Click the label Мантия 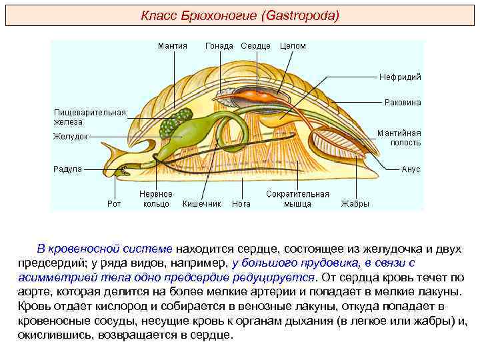[172, 46]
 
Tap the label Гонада [219, 46]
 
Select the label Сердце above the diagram [255, 46]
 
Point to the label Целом [293, 46]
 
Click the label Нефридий [401, 77]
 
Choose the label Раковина [403, 103]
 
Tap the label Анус [411, 169]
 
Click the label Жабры [355, 204]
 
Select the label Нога [241, 204]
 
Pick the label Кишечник [202, 204]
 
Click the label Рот [114, 204]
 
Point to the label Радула [67, 169]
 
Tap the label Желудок [71, 137]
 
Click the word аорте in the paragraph [31, 292]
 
